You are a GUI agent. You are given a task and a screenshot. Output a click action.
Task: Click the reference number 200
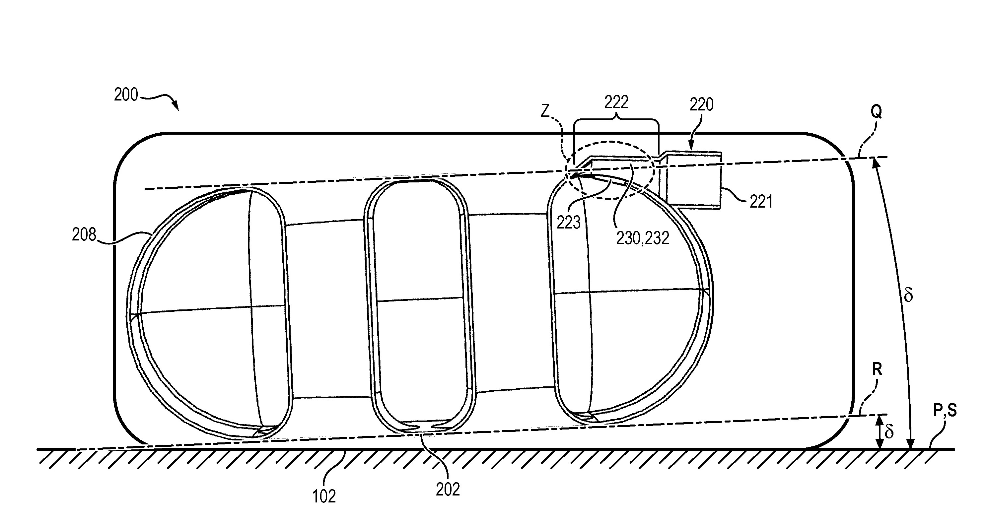(126, 95)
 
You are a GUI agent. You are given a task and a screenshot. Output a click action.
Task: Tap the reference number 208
(84, 234)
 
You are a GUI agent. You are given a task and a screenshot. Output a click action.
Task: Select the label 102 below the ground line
(324, 496)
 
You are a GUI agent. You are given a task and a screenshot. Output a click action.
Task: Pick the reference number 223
(569, 223)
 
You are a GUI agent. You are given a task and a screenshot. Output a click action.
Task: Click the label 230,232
(643, 238)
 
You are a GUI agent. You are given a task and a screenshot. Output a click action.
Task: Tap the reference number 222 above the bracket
(616, 102)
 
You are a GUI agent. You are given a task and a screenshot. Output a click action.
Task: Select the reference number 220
(702, 104)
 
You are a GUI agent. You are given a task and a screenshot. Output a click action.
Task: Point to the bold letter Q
(876, 112)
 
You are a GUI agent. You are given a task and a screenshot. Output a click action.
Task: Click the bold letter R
(877, 369)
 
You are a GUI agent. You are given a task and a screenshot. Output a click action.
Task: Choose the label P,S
(945, 411)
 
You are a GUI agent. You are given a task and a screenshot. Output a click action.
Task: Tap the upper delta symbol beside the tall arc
(908, 295)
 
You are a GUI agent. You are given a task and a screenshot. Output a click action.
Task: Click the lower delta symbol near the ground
(889, 431)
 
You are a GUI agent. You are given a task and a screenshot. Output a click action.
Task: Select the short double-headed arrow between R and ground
(880, 432)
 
